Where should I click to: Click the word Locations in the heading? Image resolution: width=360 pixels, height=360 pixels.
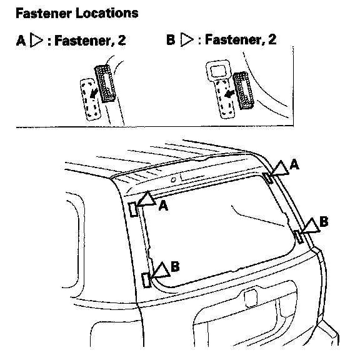(x=107, y=13)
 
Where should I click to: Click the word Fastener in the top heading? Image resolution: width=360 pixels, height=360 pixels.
(x=44, y=13)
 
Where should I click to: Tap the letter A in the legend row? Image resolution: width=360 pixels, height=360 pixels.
(x=21, y=41)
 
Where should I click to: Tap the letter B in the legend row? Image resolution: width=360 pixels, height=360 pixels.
(x=171, y=39)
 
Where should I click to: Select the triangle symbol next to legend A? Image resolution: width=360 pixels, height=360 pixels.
(x=36, y=41)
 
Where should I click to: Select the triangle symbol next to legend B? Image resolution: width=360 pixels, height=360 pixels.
(x=186, y=39)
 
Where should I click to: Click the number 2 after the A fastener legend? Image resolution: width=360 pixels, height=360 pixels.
(x=122, y=40)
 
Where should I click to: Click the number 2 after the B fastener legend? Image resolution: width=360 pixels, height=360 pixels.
(x=272, y=39)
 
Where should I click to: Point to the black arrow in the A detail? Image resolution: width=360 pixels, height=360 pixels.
(x=94, y=93)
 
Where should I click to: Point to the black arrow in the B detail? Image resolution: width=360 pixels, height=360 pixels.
(x=229, y=94)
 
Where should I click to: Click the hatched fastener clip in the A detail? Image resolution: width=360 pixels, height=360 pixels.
(x=105, y=84)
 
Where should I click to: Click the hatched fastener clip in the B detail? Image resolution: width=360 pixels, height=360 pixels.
(x=244, y=91)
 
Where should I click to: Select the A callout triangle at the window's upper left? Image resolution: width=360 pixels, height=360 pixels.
(x=147, y=199)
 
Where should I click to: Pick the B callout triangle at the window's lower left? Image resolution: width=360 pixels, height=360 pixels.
(x=161, y=270)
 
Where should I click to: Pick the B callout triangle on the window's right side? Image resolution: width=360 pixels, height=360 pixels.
(x=311, y=226)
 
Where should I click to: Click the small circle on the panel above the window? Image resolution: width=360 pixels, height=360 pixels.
(x=173, y=180)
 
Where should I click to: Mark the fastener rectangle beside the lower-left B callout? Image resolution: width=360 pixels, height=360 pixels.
(x=146, y=280)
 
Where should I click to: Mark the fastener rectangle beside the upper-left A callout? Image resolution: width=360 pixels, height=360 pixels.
(x=133, y=209)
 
